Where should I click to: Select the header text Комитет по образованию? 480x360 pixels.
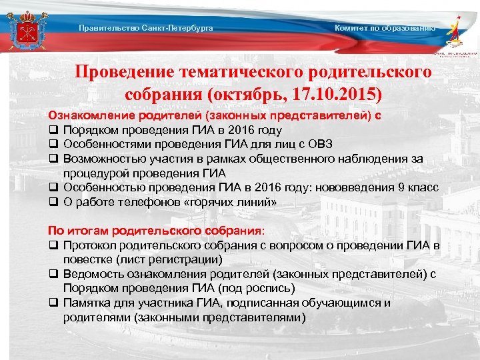click(385, 28)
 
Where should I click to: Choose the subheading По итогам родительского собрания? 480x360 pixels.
click(155, 231)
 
